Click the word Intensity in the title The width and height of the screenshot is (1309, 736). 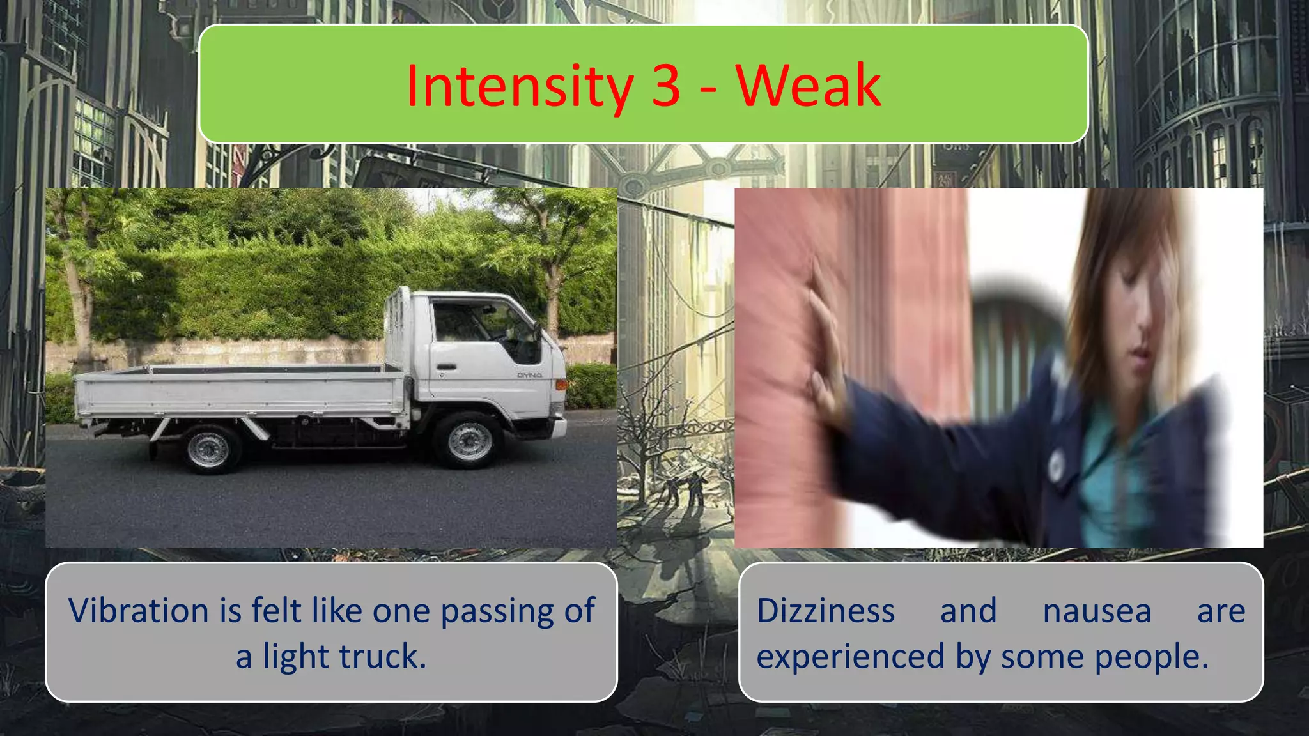pyautogui.click(x=518, y=86)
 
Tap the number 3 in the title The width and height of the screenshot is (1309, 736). pyautogui.click(x=666, y=86)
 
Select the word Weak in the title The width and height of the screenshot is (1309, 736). pyautogui.click(x=808, y=86)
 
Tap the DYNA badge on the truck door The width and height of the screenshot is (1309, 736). pyautogui.click(x=529, y=376)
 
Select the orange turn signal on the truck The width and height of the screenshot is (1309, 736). pyautogui.click(x=561, y=385)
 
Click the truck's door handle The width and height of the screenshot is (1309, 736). pyautogui.click(x=447, y=367)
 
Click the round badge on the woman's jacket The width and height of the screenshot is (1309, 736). pyautogui.click(x=1056, y=464)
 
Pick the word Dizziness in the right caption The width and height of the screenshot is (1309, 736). pyautogui.click(x=825, y=611)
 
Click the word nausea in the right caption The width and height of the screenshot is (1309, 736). pyautogui.click(x=1097, y=611)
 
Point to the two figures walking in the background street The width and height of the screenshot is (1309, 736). pyautogui.click(x=683, y=489)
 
